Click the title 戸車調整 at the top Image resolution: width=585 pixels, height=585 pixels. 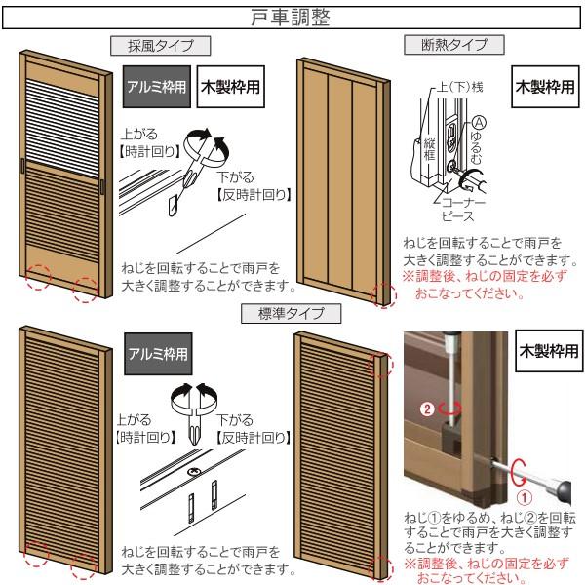point(292,16)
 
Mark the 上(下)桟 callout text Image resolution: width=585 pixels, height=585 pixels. point(457,87)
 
